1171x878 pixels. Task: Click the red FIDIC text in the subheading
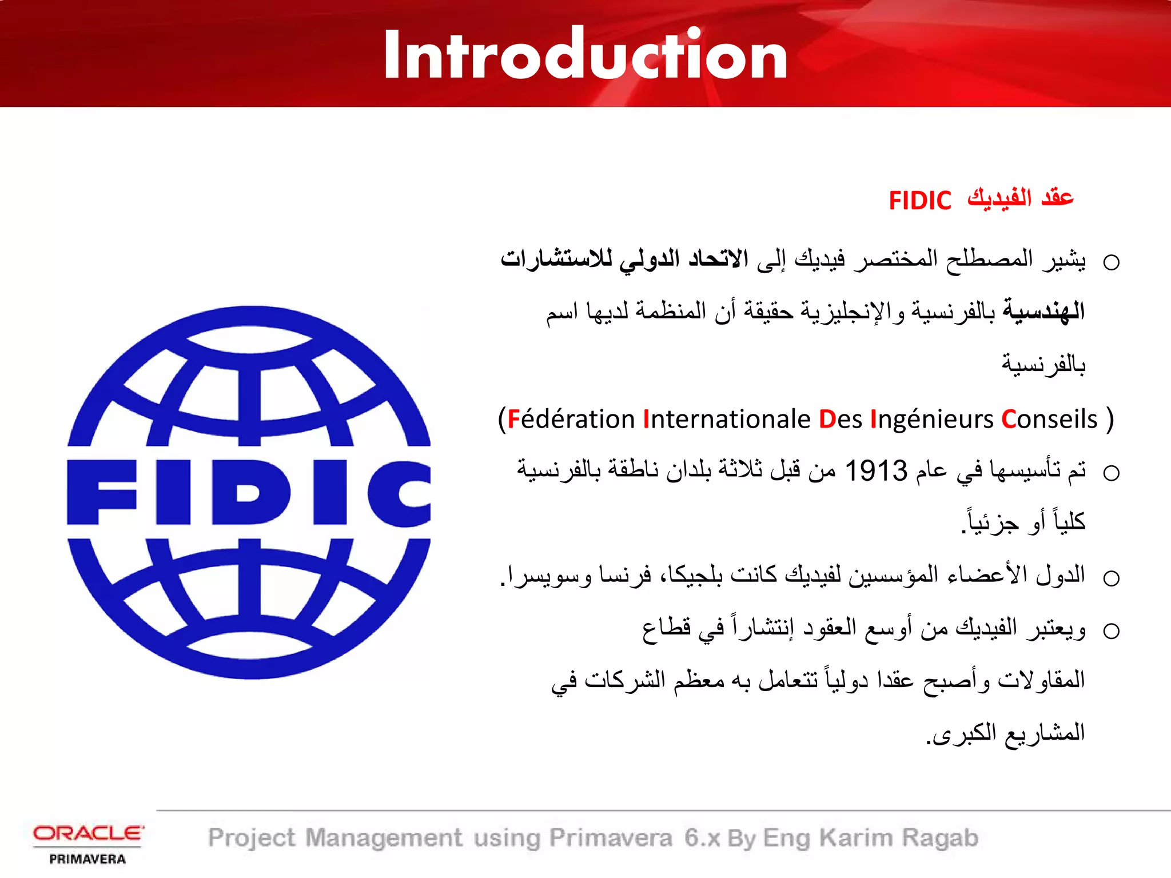(x=919, y=201)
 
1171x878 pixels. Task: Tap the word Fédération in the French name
(x=571, y=420)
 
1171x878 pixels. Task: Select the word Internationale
(x=727, y=420)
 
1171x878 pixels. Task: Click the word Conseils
(x=1049, y=420)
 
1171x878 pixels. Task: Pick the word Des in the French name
(x=840, y=420)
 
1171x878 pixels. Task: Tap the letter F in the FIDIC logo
(x=102, y=492)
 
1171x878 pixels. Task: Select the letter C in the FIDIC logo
(x=399, y=492)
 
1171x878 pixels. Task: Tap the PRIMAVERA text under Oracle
(x=87, y=859)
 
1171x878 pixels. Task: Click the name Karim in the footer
(x=855, y=838)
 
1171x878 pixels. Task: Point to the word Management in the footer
(x=384, y=838)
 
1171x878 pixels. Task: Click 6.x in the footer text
(x=702, y=838)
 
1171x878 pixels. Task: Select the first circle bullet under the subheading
(x=1111, y=263)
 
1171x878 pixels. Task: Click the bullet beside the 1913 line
(x=1111, y=473)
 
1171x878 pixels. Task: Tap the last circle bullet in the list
(x=1111, y=631)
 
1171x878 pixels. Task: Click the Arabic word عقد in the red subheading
(x=1057, y=198)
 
